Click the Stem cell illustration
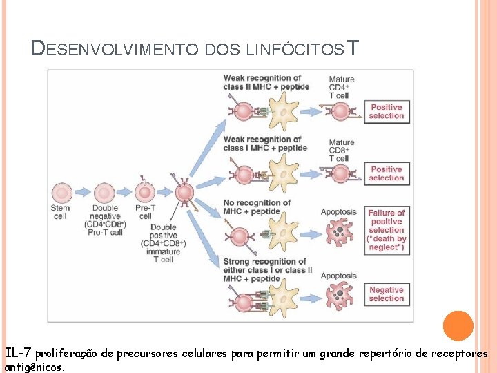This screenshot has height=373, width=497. click(61, 192)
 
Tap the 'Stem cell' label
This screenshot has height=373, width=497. click(60, 212)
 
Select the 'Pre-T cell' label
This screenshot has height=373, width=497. click(145, 212)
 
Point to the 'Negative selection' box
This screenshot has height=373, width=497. click(387, 294)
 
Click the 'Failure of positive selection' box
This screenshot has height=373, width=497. click(387, 230)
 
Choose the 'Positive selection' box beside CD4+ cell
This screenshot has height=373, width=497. click(387, 111)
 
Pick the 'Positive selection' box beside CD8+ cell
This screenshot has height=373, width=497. click(387, 173)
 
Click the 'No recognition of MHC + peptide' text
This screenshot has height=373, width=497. click(257, 207)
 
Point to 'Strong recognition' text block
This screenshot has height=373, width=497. click(264, 270)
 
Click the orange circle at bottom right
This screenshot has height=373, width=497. click(458, 326)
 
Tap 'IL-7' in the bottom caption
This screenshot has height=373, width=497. click(19, 354)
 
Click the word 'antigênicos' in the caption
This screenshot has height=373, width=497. click(35, 367)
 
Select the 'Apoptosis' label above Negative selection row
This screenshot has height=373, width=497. click(338, 276)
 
